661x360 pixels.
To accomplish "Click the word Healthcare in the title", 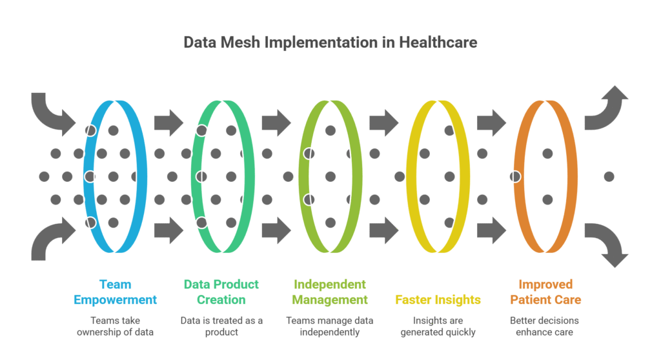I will tap(438, 43).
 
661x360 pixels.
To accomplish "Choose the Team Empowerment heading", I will tap(115, 292).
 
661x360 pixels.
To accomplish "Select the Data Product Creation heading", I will tap(221, 292).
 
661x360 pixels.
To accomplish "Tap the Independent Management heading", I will tap(330, 292).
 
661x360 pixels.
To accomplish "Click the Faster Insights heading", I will tap(438, 299).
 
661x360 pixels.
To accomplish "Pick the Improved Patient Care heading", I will tap(545, 292).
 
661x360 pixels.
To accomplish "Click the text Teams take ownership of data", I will tap(115, 326).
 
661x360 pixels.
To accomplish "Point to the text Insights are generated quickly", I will tap(438, 326).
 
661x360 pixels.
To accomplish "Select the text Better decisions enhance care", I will tap(545, 326).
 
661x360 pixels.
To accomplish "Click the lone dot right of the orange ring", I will tap(609, 176).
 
